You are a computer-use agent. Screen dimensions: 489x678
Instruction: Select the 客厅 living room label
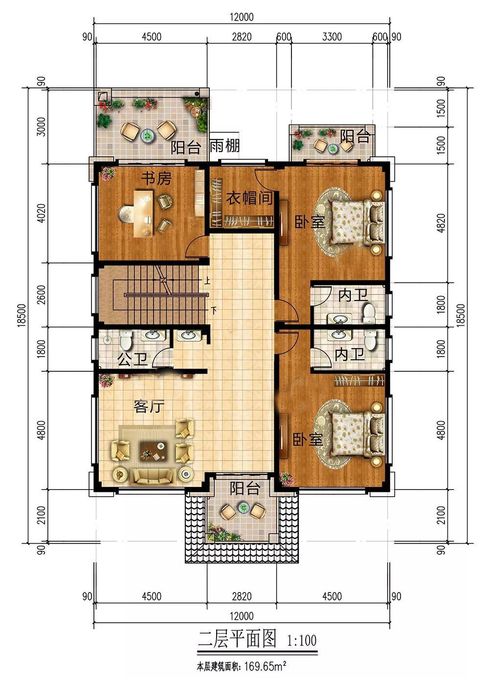[x=149, y=406]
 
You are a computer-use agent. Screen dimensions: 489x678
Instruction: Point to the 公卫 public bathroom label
[x=133, y=360]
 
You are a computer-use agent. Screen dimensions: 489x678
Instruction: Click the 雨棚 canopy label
[x=224, y=146]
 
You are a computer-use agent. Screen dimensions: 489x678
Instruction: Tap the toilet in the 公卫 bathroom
[x=126, y=340]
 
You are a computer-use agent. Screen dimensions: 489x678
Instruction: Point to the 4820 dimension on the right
[x=441, y=223]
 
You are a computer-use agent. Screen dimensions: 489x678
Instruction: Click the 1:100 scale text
[x=301, y=640]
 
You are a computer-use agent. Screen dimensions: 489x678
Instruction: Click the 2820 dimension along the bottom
[x=242, y=596]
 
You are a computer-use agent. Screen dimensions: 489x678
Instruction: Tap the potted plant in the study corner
[x=108, y=173]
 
